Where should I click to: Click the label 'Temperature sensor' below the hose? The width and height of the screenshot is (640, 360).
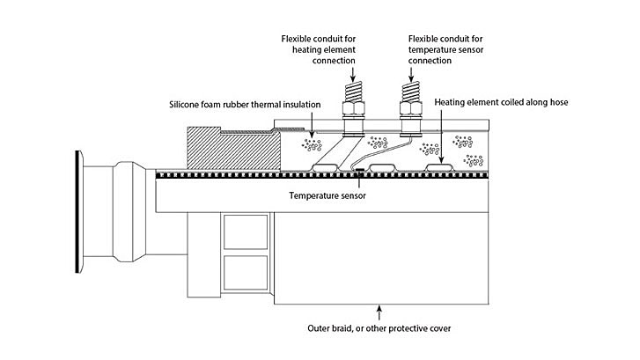(x=328, y=195)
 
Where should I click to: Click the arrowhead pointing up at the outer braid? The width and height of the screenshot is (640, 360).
(x=380, y=308)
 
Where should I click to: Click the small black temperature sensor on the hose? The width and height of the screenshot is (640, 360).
(x=359, y=170)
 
